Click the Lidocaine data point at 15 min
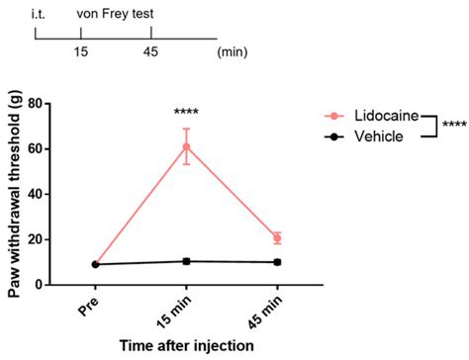[186, 146]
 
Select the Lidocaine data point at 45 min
[277, 238]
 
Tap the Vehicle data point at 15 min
[186, 261]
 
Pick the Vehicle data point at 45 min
[277, 262]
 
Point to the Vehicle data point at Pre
[94, 264]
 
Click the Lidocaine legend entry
[376, 116]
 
